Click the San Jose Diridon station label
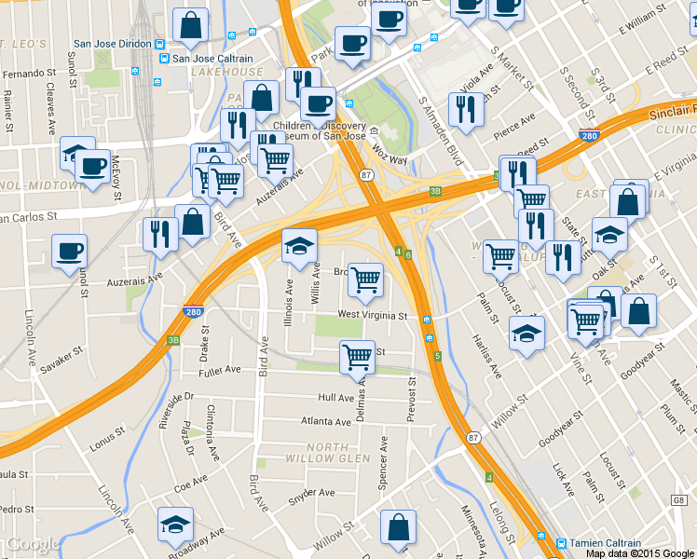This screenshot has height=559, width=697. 114,44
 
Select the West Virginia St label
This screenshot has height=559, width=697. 373,316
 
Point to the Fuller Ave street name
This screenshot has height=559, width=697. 219,370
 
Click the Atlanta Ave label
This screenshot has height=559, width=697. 325,420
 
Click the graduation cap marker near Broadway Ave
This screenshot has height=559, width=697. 175,525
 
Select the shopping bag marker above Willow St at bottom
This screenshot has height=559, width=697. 398,527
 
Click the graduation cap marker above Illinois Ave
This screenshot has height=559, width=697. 299,246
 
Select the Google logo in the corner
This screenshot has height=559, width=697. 33,545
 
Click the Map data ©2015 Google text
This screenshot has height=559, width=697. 640,553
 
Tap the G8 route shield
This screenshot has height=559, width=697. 677,500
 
